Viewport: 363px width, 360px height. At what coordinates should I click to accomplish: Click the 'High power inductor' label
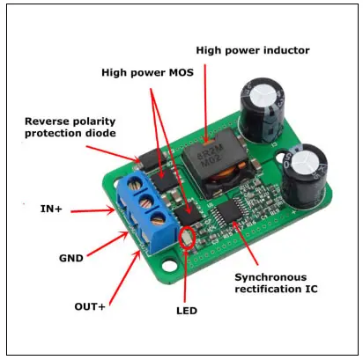[253, 50]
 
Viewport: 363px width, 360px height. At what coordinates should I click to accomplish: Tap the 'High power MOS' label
[147, 72]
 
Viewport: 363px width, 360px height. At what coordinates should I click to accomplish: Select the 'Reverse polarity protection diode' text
[70, 127]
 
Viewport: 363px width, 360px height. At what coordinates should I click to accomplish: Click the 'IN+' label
[51, 209]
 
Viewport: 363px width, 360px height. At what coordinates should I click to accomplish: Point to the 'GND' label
[71, 258]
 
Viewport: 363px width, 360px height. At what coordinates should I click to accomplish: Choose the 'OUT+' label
[90, 306]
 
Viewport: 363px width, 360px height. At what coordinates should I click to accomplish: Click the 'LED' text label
[187, 311]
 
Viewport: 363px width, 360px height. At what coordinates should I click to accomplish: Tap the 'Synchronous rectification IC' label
[276, 283]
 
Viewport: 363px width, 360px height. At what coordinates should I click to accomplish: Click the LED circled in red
[187, 238]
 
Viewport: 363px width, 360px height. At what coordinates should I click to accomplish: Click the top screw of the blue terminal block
[135, 186]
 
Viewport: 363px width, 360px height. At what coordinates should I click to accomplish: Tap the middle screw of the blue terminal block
[146, 202]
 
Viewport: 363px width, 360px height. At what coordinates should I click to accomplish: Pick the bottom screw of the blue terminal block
[159, 218]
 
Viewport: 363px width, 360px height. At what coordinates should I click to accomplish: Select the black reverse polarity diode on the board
[152, 161]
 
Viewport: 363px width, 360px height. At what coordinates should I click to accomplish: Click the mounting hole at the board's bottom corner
[169, 266]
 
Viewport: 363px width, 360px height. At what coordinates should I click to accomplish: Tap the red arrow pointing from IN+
[93, 210]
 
